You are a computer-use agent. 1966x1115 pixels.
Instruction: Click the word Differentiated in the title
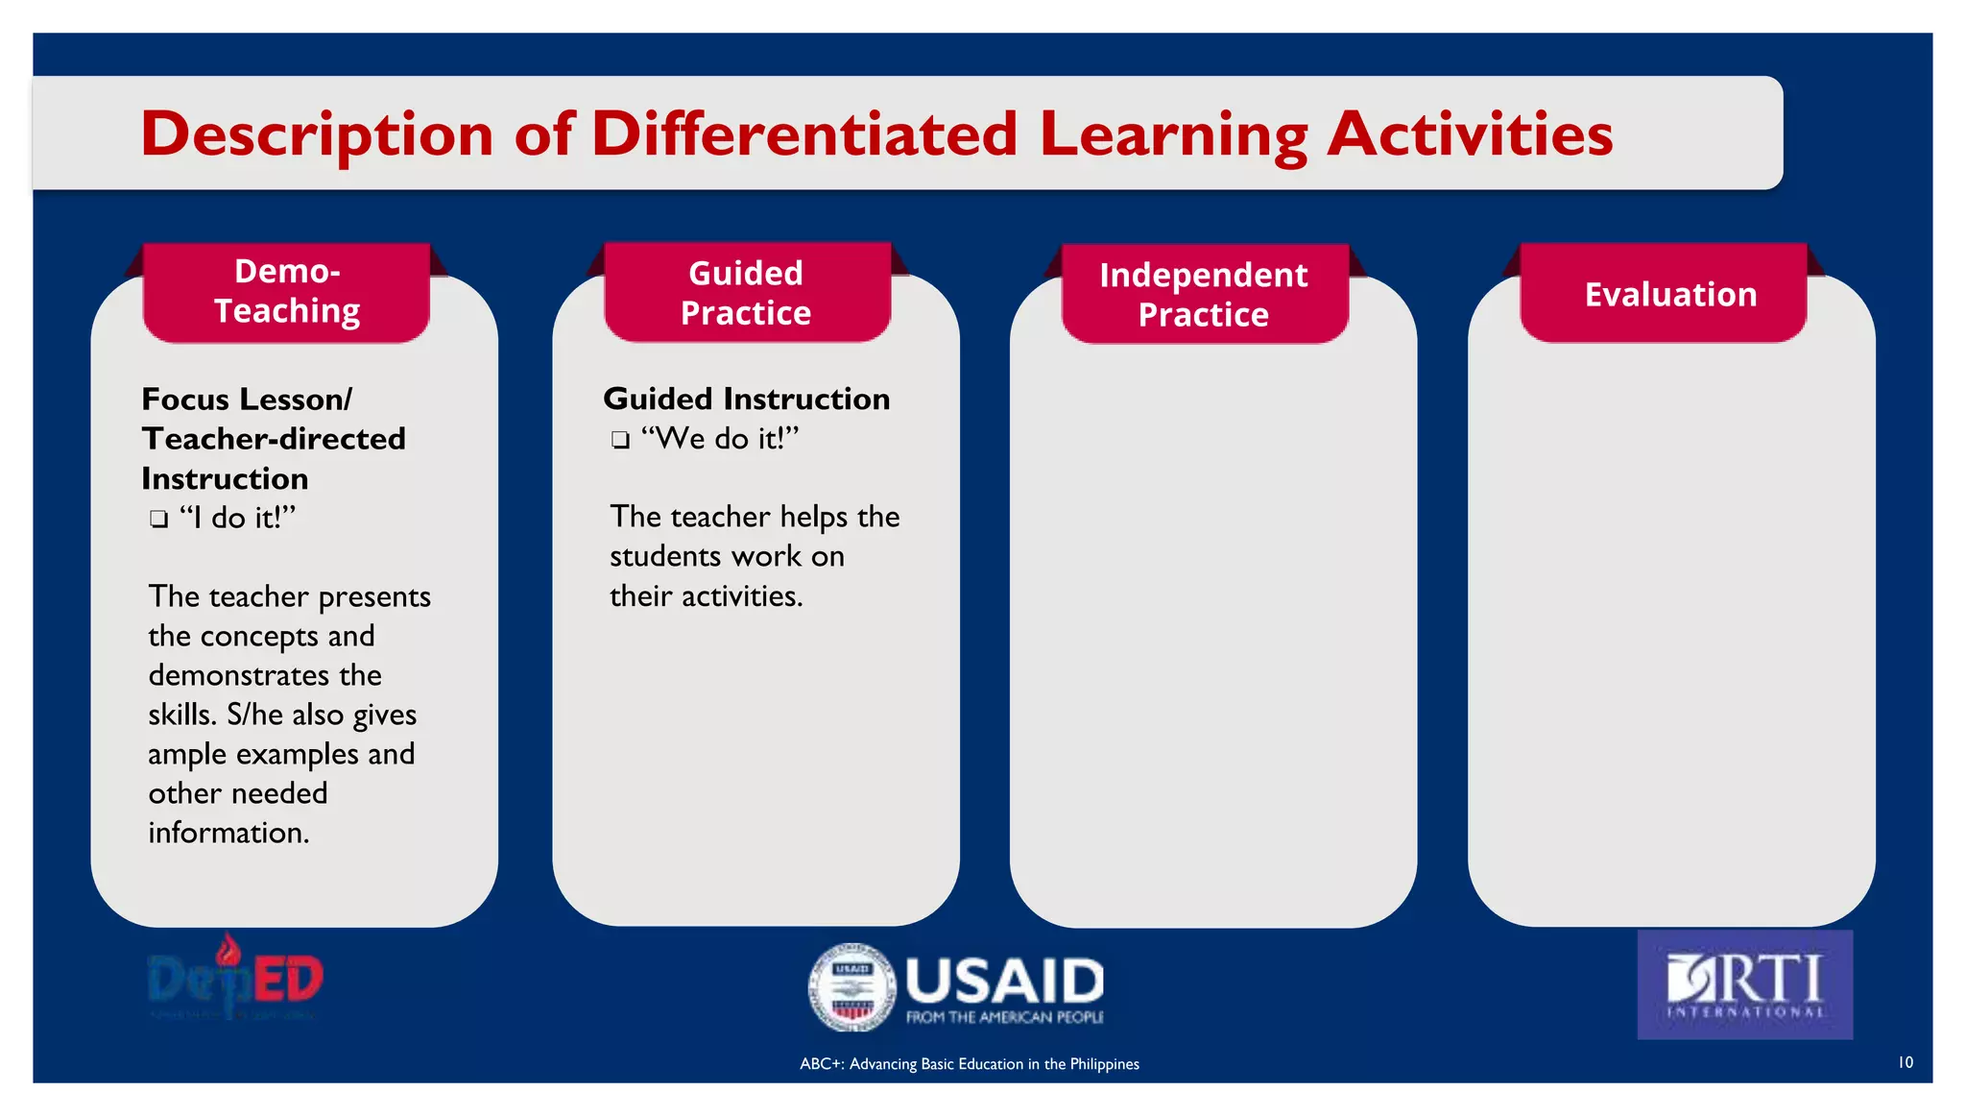tap(803, 133)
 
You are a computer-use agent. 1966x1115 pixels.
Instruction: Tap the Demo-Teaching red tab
tap(286, 292)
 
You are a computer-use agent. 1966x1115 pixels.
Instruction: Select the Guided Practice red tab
tap(746, 293)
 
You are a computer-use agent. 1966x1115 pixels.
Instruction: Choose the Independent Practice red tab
tap(1203, 295)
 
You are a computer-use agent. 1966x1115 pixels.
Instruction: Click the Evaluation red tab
tap(1669, 294)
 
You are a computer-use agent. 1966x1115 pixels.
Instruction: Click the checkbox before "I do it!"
tap(158, 521)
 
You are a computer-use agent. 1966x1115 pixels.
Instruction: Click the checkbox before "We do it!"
tap(620, 441)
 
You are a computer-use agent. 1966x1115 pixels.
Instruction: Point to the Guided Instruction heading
tap(746, 399)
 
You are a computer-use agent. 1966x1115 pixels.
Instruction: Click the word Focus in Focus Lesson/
tap(187, 399)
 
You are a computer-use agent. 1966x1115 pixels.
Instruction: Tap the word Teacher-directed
tap(274, 439)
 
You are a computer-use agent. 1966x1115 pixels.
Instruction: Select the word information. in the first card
tap(228, 833)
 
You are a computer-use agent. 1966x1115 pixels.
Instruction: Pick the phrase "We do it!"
tap(720, 439)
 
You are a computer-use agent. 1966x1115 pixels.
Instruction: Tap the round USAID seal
tap(851, 986)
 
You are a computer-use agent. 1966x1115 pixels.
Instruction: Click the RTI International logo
tap(1744, 984)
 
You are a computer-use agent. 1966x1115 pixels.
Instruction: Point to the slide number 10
tap(1905, 1062)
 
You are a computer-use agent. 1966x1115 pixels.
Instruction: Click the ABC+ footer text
tap(969, 1064)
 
